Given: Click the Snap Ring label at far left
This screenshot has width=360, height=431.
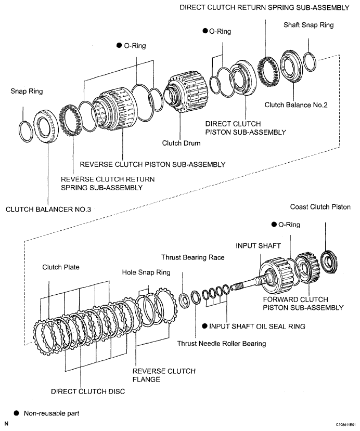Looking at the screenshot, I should tap(27, 92).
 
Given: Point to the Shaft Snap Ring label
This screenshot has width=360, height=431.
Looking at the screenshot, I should tap(308, 24).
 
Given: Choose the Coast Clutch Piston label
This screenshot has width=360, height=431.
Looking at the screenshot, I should tap(320, 207).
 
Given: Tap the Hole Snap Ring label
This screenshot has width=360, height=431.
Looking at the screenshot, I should tap(146, 272).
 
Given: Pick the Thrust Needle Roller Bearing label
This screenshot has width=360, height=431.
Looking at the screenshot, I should tap(222, 343).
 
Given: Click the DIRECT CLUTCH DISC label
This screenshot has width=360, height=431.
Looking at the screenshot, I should tap(88, 391).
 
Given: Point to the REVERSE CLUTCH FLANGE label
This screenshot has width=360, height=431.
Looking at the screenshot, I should tap(164, 375).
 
